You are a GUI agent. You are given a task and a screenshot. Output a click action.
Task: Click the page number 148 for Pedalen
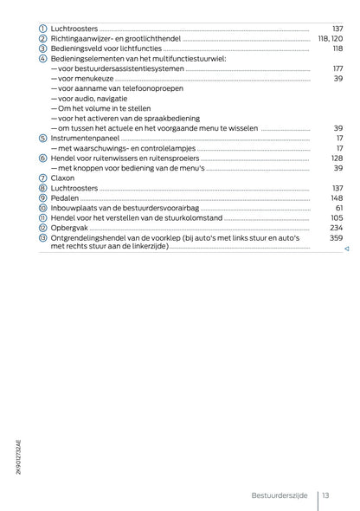pyautogui.click(x=337, y=197)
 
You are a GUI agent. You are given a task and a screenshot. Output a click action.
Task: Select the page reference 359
pyautogui.click(x=337, y=237)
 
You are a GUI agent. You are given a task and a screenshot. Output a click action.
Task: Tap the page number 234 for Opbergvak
pyautogui.click(x=337, y=228)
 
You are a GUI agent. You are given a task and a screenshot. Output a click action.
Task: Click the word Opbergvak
pyautogui.click(x=70, y=228)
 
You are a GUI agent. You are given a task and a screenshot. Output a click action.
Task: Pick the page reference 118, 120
pyautogui.click(x=331, y=39)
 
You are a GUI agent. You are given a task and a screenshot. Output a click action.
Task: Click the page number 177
pyautogui.click(x=337, y=68)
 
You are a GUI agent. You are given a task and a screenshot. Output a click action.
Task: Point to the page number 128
pyautogui.click(x=337, y=158)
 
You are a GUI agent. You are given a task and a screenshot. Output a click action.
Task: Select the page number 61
pyautogui.click(x=339, y=208)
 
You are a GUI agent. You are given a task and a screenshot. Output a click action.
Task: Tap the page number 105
pyautogui.click(x=337, y=217)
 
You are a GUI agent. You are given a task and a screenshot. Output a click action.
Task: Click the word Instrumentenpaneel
pyautogui.click(x=86, y=138)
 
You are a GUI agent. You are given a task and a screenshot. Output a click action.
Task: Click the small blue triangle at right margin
pyautogui.click(x=345, y=249)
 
